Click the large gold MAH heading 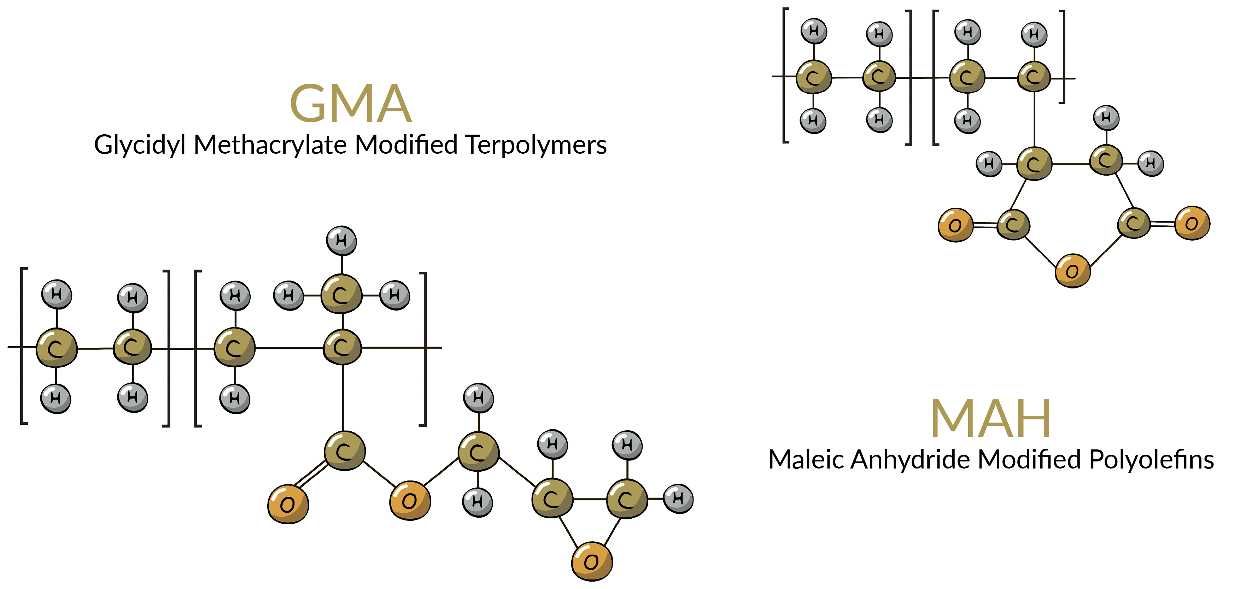(990, 418)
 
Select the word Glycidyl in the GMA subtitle (140, 145)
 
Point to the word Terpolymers (536, 145)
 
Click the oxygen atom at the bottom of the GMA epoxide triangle (591, 562)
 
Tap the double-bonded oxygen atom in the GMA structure (288, 504)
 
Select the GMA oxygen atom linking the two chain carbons (410, 501)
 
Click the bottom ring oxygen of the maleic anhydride (1072, 271)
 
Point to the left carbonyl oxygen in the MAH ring (955, 225)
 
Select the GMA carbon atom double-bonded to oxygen (344, 451)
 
